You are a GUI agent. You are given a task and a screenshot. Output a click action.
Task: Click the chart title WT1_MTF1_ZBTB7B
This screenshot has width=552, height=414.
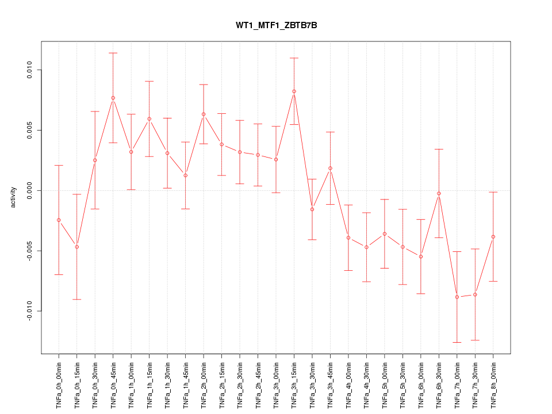pyautogui.click(x=276, y=25)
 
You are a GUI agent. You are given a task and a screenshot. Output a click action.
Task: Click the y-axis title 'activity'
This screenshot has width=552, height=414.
pyautogui.click(x=13, y=197)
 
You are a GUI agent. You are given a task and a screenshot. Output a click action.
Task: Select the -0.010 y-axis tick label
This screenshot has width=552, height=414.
pyautogui.click(x=28, y=311)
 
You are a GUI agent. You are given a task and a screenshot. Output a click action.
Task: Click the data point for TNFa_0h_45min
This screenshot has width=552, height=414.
pyautogui.click(x=113, y=98)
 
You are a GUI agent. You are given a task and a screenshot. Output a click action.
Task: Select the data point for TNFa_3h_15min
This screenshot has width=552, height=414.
pyautogui.click(x=294, y=91)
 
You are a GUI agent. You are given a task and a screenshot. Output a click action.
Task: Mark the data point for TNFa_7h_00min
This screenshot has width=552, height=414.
pyautogui.click(x=457, y=297)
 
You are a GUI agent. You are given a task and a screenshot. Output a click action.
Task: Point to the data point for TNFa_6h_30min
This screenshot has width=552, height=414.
pyautogui.click(x=439, y=194)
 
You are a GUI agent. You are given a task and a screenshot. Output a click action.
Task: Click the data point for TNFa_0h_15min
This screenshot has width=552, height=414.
pyautogui.click(x=77, y=247)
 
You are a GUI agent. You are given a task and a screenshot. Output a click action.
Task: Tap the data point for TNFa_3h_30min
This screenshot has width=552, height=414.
pyautogui.click(x=312, y=209)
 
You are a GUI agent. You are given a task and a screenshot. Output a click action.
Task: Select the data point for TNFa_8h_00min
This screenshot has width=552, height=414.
pyautogui.click(x=493, y=237)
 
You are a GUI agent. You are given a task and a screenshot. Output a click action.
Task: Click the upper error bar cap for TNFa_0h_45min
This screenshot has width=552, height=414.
pyautogui.click(x=113, y=53)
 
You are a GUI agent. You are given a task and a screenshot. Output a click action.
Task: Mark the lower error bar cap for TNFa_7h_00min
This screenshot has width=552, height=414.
pyautogui.click(x=457, y=343)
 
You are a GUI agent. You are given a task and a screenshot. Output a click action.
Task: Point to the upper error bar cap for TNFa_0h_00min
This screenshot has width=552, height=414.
pyautogui.click(x=59, y=165)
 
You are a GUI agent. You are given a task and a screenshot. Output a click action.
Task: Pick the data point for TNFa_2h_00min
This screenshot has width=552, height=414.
pyautogui.click(x=204, y=114)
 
